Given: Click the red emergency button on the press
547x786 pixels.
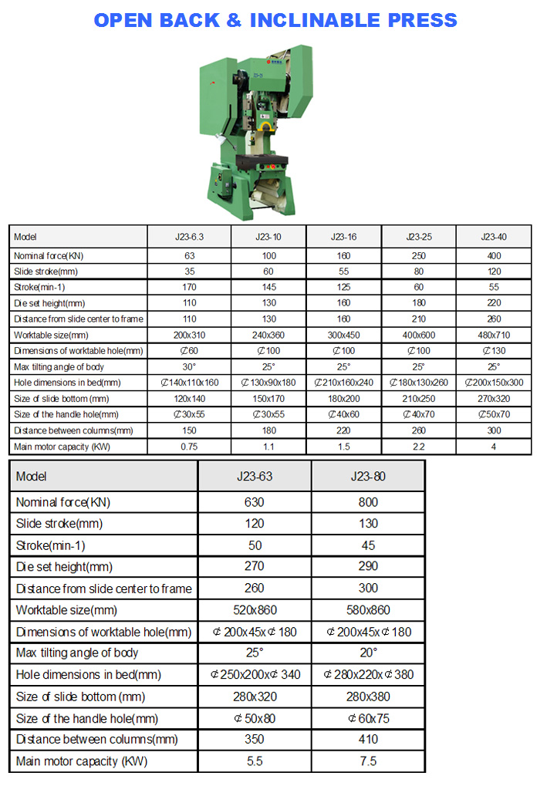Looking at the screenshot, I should tap(267, 123).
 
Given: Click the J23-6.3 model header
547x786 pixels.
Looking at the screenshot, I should tap(190, 237).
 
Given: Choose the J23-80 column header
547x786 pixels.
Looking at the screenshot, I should tap(368, 476).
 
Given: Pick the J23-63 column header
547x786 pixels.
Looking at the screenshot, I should tap(254, 476).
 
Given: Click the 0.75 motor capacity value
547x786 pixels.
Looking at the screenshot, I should tap(190, 447).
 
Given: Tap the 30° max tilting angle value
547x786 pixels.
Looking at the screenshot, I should tap(190, 367).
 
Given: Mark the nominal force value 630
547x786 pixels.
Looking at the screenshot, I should tap(254, 502).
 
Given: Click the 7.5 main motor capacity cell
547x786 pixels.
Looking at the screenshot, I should tap(368, 761).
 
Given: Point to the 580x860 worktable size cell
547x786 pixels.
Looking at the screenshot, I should tap(368, 610).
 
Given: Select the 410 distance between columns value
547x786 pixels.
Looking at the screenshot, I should tap(368, 740).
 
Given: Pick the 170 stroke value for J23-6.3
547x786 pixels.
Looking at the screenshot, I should tap(190, 287).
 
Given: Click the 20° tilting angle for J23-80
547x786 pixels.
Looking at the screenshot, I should tap(368, 653).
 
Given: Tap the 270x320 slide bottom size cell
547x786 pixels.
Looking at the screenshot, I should tap(494, 399).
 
